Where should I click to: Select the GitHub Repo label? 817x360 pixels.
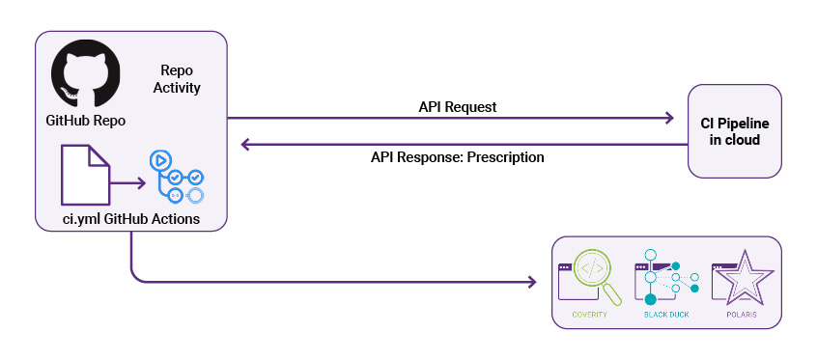pos(86,122)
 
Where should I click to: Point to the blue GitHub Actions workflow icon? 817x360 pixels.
pos(175,176)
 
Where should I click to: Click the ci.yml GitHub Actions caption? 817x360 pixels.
pos(130,219)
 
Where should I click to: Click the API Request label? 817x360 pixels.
pos(458,107)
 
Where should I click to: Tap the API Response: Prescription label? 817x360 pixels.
pos(457,156)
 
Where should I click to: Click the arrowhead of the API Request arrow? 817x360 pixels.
pos(667,119)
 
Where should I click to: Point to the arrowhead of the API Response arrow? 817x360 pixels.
pos(246,145)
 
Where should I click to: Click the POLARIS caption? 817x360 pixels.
pos(742,315)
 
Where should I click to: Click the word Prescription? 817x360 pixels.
pos(505,156)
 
